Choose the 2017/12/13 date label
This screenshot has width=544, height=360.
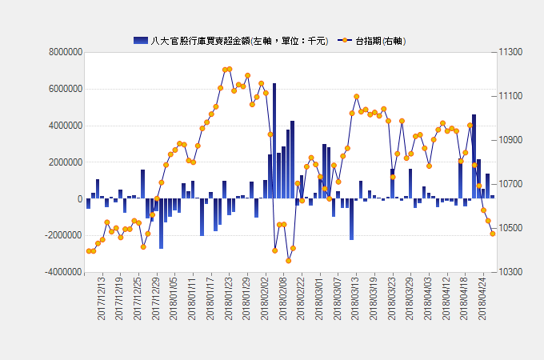102,299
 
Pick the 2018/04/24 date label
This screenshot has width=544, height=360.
482,299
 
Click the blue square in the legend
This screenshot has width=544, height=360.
141,40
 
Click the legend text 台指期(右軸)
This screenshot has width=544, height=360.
379,40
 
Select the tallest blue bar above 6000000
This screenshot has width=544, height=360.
274,141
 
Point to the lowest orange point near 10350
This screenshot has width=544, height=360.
288,261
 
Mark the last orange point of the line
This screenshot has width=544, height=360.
493,234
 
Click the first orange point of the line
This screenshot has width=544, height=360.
89,251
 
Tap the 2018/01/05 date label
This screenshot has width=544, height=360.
174,299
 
